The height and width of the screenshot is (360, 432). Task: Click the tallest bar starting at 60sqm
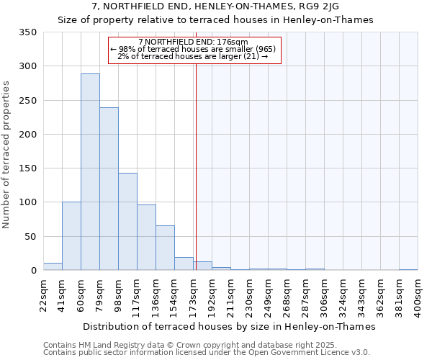90,172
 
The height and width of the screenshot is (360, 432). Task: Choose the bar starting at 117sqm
146,238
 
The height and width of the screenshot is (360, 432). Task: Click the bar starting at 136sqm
165,248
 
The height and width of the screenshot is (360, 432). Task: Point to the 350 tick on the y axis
28,32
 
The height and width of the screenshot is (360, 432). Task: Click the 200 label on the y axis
28,135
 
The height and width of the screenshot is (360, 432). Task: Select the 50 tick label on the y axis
31,237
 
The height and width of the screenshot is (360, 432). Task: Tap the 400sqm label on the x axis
418,296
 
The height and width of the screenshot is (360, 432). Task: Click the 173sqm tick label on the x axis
194,296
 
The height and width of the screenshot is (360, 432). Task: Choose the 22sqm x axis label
44,294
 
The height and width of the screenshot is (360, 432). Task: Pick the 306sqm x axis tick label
325,296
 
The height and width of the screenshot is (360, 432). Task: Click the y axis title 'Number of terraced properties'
7,155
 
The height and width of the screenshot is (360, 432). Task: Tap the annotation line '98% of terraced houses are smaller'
193,49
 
